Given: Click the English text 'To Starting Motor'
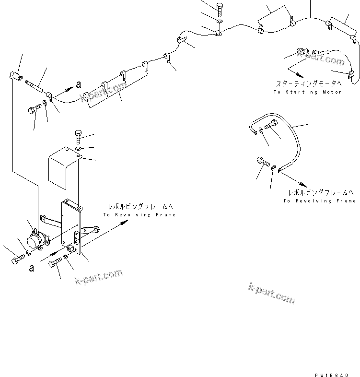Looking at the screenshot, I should (308, 92).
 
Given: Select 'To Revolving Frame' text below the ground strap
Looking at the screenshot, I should (319, 200).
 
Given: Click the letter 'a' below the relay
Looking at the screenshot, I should (32, 268).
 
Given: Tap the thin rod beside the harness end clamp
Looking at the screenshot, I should (36, 85).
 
